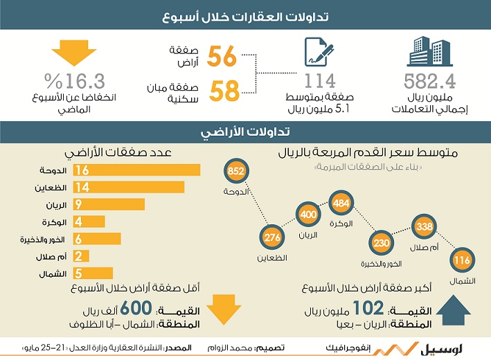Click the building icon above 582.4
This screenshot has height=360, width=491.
429,51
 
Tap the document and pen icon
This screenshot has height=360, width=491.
319,52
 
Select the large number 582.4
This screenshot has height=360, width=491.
429,81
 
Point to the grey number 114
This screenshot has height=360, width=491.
320,81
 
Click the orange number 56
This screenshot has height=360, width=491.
222,56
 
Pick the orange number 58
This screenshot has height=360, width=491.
224,91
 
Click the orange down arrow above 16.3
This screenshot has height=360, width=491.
74,53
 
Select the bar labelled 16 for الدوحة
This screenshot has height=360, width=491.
136,170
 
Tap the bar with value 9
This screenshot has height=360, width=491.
109,204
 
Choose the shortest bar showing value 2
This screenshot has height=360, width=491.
81,256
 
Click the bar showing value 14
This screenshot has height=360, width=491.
129,187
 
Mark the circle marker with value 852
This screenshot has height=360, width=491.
236,170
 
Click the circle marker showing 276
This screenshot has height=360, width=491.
272,237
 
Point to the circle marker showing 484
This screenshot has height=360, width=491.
341,203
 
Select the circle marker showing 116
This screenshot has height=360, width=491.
462,260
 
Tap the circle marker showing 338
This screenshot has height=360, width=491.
425,226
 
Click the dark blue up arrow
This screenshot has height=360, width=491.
453,309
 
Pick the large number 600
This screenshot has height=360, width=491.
136,308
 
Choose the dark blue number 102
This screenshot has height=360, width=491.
368,308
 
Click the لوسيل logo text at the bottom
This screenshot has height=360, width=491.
442,348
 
